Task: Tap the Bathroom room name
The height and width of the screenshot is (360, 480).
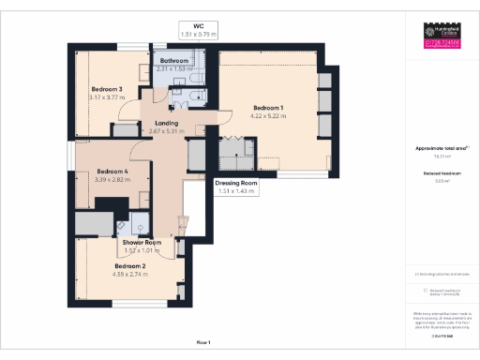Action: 173,61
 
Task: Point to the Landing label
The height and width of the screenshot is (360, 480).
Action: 167,123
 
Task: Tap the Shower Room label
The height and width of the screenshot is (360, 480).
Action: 142,242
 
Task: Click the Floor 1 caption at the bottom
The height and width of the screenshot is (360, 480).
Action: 204,343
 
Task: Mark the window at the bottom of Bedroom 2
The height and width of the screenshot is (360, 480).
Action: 137,304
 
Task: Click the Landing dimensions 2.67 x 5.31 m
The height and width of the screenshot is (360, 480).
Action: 167,131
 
